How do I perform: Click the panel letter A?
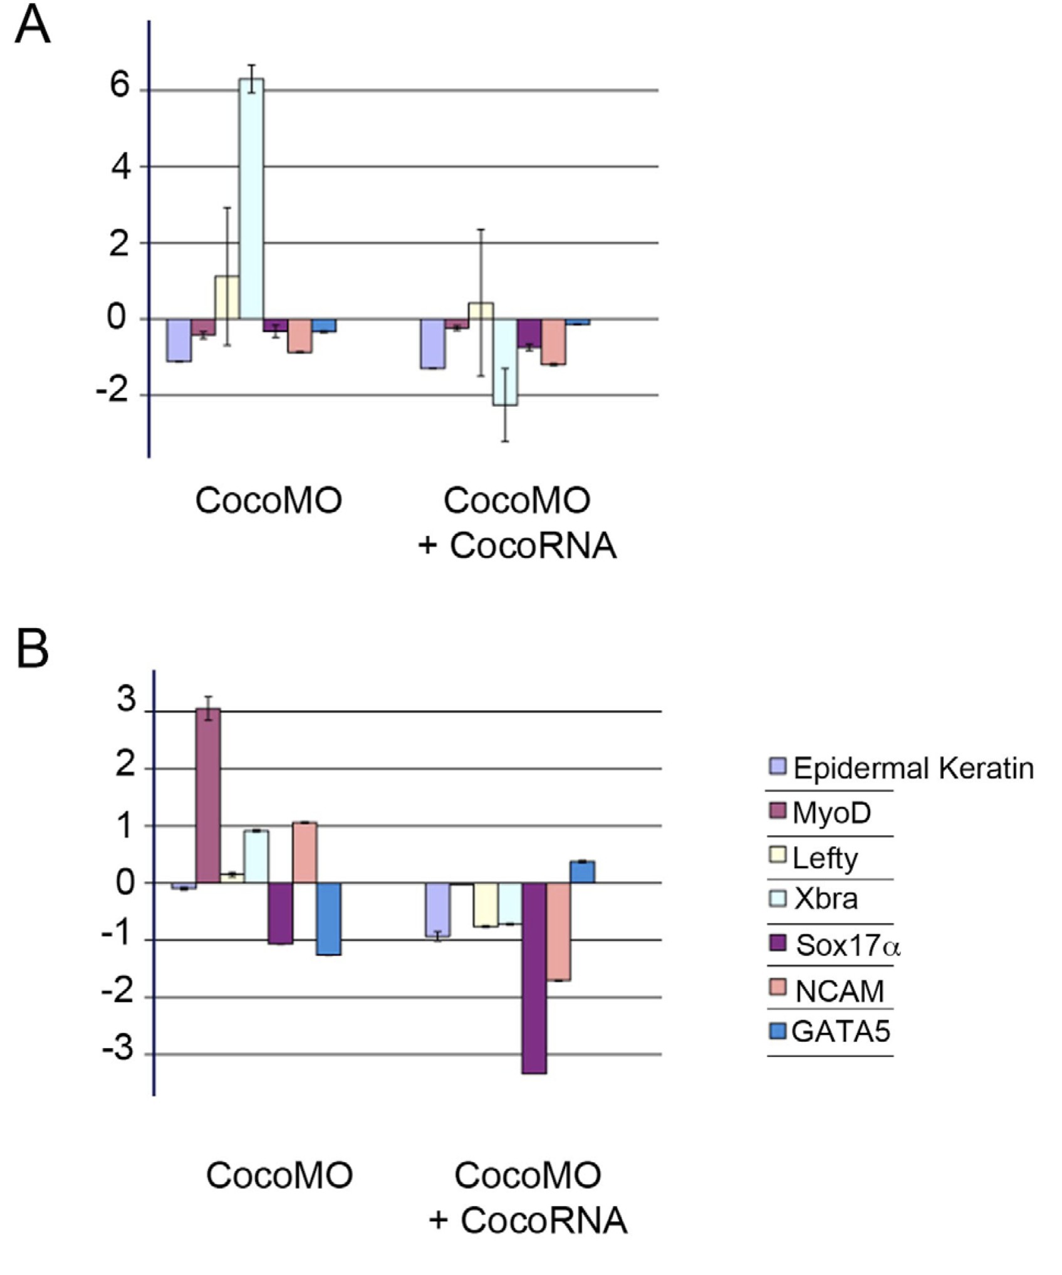pos(32,27)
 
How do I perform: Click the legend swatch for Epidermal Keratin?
pos(778,765)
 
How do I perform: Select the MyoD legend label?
pos(831,813)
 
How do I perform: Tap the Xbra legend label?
pos(826,898)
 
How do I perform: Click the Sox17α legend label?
pos(848,945)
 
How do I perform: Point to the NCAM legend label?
pos(840,991)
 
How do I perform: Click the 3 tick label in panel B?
pos(126,701)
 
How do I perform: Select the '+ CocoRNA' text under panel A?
pos(517,546)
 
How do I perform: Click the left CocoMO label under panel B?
pos(279,1175)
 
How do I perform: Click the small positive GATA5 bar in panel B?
pos(583,872)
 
